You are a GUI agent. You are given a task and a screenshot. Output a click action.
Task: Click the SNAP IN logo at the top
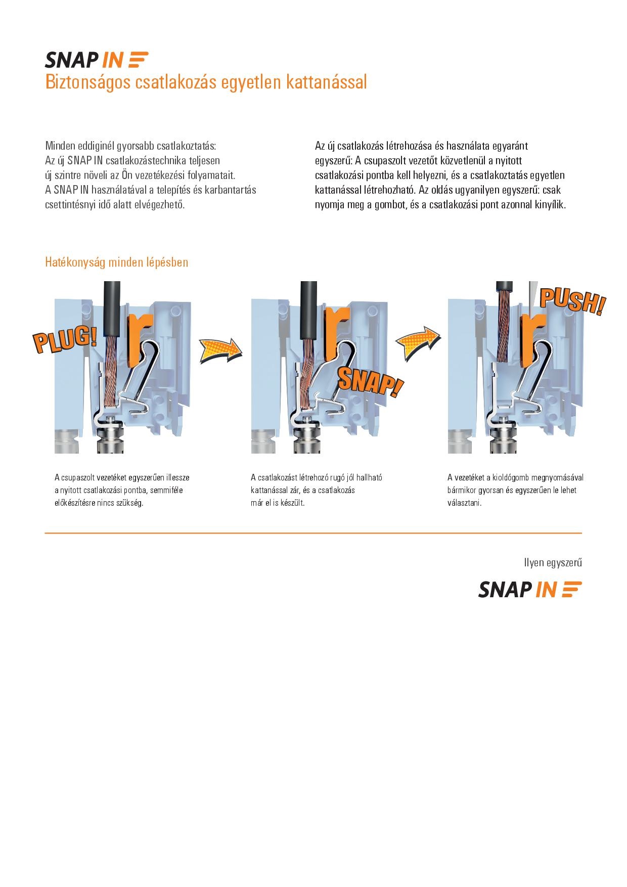click(x=97, y=60)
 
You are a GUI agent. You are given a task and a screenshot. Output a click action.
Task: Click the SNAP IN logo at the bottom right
click(x=530, y=590)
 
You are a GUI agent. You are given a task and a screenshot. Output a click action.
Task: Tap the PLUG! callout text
click(x=65, y=339)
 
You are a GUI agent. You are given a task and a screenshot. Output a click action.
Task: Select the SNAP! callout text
click(x=371, y=382)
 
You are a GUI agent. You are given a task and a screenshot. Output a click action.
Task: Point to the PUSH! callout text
click(x=572, y=301)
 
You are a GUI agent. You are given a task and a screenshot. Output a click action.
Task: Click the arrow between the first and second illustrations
click(x=221, y=350)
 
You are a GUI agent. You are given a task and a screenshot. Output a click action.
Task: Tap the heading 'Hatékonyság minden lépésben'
click(x=117, y=262)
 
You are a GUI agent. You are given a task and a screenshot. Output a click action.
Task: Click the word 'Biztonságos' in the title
click(x=89, y=82)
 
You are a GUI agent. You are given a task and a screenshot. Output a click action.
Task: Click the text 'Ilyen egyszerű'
click(x=553, y=563)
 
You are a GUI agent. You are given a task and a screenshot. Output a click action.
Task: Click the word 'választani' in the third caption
click(x=464, y=503)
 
